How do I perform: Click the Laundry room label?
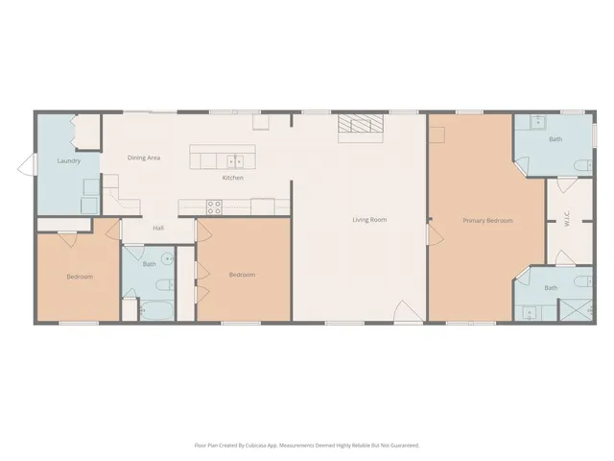68,160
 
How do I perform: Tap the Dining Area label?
144,157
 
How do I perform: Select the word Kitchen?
232,178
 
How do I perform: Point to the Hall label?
158,228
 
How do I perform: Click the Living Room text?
369,220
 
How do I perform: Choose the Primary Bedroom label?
487,220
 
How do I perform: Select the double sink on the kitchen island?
234,160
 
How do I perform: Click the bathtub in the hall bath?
155,310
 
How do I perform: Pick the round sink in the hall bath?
168,257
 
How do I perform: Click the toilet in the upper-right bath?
580,168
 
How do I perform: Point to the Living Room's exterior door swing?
407,312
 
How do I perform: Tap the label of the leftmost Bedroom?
79,277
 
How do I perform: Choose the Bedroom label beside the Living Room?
242,275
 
